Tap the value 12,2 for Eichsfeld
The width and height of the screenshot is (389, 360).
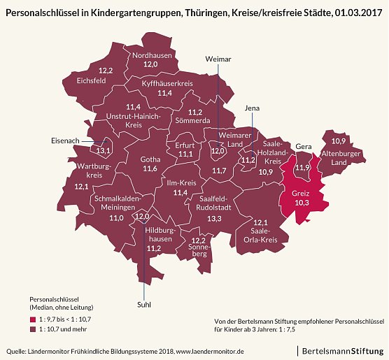click(x=106, y=71)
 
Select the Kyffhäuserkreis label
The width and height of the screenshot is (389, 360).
click(x=167, y=83)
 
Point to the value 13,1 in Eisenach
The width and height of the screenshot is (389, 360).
click(x=104, y=150)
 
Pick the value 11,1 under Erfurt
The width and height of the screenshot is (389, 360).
click(x=185, y=154)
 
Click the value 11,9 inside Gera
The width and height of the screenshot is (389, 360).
click(x=302, y=168)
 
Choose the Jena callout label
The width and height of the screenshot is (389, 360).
click(x=252, y=108)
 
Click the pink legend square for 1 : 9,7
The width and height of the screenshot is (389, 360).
click(x=33, y=319)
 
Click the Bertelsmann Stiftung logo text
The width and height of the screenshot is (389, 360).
click(x=342, y=349)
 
